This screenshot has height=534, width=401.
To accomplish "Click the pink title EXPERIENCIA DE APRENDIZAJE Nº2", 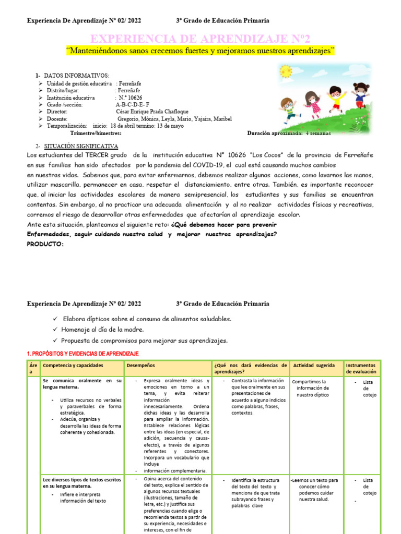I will (200, 39).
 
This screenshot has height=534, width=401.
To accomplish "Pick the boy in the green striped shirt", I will (289, 108).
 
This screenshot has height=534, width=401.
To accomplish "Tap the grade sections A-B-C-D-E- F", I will (133, 104).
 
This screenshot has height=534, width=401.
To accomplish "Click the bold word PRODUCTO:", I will (45, 244).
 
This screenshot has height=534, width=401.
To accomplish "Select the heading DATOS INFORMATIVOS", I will (76, 76).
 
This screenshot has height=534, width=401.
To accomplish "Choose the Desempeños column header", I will (140, 366).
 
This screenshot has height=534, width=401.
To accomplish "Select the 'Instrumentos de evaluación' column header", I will (361, 369).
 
